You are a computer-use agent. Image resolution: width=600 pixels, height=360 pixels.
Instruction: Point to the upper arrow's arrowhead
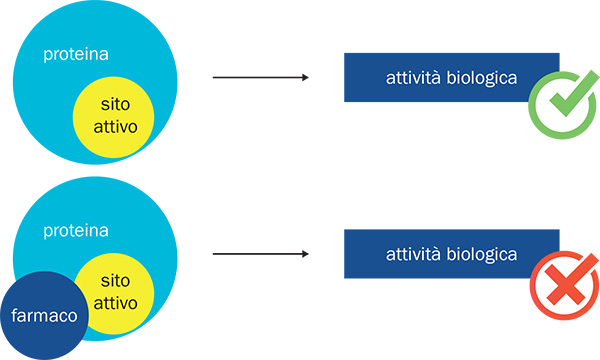(303, 77)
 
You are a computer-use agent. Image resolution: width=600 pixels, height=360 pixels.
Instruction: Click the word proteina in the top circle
(75, 54)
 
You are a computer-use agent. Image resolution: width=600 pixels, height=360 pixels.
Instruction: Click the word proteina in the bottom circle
(75, 231)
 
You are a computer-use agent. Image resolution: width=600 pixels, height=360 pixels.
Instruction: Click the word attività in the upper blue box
(414, 77)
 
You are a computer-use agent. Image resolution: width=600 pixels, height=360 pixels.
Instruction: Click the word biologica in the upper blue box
(481, 77)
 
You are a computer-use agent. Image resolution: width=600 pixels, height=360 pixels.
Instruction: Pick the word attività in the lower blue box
(414, 254)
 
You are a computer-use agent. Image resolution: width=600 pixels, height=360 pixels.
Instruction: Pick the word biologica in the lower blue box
(481, 254)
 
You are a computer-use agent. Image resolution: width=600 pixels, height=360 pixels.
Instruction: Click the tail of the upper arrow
(217, 77)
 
